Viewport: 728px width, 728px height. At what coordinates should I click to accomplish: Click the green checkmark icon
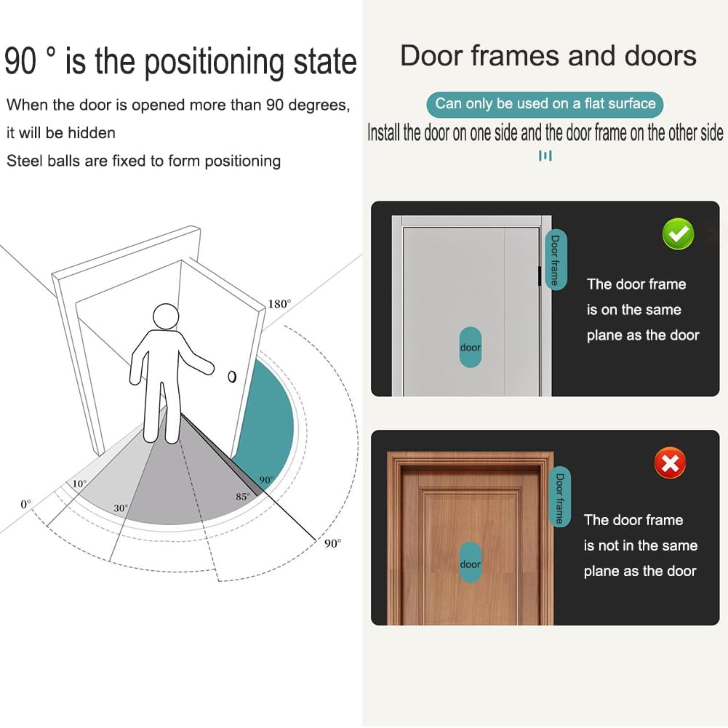pyautogui.click(x=679, y=234)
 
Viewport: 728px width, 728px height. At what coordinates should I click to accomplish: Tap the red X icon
pyautogui.click(x=670, y=463)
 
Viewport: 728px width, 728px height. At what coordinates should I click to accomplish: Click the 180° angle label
pyautogui.click(x=279, y=304)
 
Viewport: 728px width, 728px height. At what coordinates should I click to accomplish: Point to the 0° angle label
pyautogui.click(x=26, y=504)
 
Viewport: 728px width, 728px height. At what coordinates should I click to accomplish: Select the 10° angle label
pyautogui.click(x=79, y=484)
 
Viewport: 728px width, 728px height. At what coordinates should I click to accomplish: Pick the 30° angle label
pyautogui.click(x=121, y=508)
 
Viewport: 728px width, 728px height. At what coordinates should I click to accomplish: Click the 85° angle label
pyautogui.click(x=243, y=496)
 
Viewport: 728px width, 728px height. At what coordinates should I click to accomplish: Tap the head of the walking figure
pyautogui.click(x=166, y=317)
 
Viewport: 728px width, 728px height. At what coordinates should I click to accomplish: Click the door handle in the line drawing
pyautogui.click(x=232, y=377)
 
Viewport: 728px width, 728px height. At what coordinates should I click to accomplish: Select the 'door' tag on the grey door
pyautogui.click(x=471, y=348)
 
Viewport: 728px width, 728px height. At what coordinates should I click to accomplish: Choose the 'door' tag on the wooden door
pyautogui.click(x=471, y=564)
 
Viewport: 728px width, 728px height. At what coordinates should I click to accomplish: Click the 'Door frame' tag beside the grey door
pyautogui.click(x=556, y=260)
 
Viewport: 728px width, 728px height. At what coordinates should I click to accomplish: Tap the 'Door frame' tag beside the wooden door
pyautogui.click(x=560, y=497)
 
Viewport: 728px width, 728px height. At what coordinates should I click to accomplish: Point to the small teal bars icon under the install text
pyautogui.click(x=545, y=156)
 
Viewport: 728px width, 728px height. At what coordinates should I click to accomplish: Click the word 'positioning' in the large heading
pyautogui.click(x=214, y=63)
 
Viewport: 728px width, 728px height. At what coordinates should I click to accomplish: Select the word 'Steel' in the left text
pyautogui.click(x=23, y=161)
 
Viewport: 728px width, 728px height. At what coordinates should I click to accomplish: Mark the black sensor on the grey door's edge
pyautogui.click(x=540, y=276)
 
